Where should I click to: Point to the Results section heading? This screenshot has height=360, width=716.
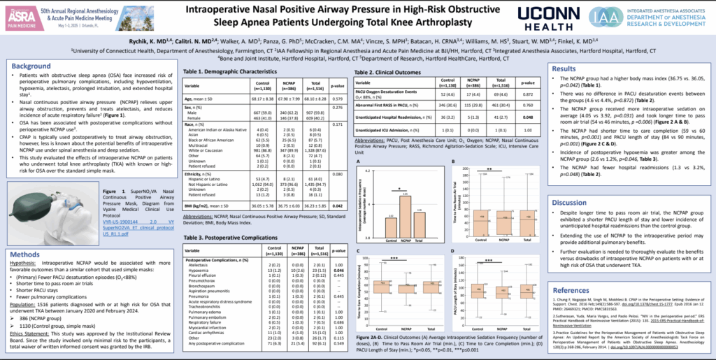[x=564, y=69]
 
